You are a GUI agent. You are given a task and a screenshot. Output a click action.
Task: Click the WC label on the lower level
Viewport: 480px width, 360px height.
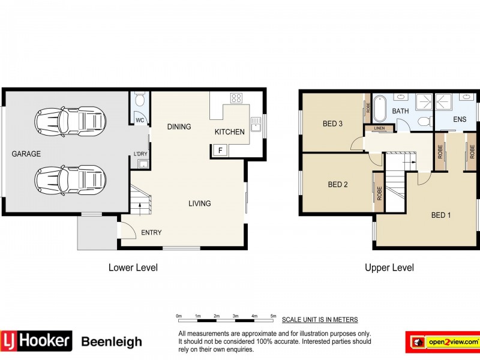coord(139,121)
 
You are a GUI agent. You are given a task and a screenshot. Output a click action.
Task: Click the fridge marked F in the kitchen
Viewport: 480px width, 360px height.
coord(220,150)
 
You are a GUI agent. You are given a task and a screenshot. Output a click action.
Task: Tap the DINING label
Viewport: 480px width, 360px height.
coord(179,127)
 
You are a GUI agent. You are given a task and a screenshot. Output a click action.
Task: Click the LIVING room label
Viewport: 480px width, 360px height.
coord(199,203)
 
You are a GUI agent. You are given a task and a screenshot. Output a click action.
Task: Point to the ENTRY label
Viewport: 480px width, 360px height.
coord(151,233)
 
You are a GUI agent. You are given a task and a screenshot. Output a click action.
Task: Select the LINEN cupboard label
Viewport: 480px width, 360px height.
coord(379,128)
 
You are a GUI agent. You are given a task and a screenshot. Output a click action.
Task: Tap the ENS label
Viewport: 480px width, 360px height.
coord(460,119)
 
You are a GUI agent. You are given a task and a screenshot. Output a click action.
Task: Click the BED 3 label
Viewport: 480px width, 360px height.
coord(332,124)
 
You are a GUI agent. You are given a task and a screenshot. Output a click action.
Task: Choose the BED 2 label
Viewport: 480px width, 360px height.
coord(338,185)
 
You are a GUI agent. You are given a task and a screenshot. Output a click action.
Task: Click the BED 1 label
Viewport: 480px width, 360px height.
coord(441,215)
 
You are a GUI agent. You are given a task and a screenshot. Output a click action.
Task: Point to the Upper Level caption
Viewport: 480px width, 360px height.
coord(389,268)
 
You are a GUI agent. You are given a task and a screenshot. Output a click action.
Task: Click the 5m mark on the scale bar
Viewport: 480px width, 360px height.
coord(273,316)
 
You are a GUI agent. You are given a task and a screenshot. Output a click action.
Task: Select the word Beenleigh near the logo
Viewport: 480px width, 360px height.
coord(111,342)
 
